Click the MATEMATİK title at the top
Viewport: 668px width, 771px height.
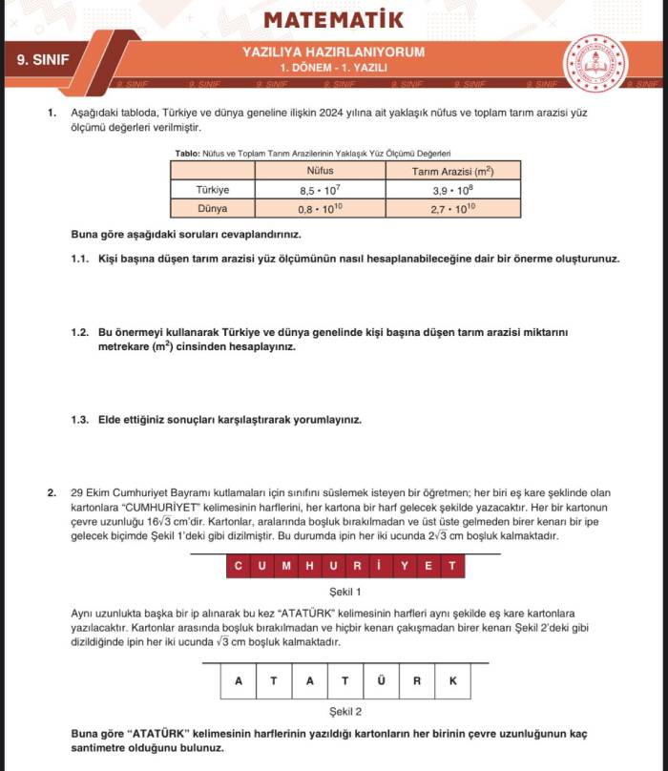click(333, 19)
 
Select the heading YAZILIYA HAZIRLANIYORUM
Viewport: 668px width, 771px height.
click(333, 52)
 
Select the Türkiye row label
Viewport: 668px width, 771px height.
click(212, 190)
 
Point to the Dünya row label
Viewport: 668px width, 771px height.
click(212, 208)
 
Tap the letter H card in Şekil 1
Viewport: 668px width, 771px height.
click(309, 567)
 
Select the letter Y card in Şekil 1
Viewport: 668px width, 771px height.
click(405, 567)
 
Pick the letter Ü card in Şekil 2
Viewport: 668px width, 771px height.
click(381, 680)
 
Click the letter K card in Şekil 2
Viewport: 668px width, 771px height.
click(452, 680)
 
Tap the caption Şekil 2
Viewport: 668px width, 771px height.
click(344, 711)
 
